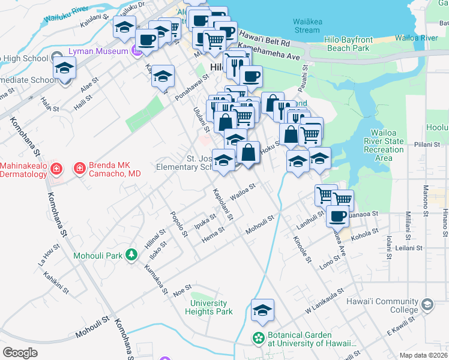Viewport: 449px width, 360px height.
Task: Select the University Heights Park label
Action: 208,307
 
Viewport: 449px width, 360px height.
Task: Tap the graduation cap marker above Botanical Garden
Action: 262,311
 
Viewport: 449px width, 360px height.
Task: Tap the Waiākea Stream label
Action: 306,26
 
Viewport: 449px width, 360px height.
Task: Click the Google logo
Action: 20,352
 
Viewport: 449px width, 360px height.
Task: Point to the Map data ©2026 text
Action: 423,355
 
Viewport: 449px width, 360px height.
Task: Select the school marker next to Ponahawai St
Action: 163,77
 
